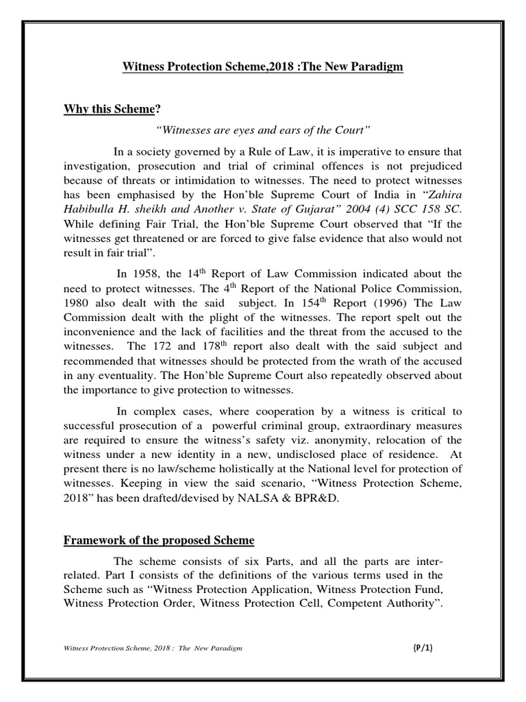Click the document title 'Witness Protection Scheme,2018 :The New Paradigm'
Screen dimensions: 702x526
(x=262, y=66)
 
